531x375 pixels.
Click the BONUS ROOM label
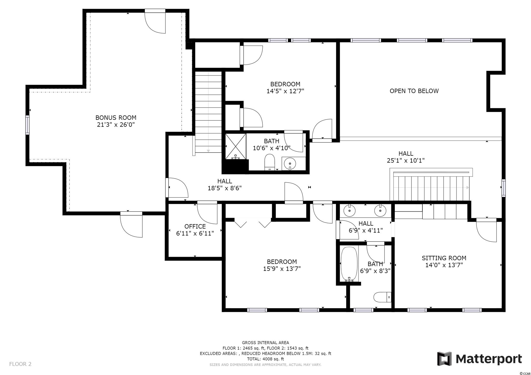pyautogui.click(x=116, y=118)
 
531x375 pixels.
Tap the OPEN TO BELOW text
pyautogui.click(x=414, y=91)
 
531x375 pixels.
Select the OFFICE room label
pyautogui.click(x=195, y=227)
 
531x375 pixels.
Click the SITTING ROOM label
pyautogui.click(x=444, y=258)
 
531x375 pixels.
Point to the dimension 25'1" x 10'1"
pyautogui.click(x=406, y=161)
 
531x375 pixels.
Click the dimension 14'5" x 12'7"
pyautogui.click(x=285, y=91)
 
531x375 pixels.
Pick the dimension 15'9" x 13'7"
pyautogui.click(x=282, y=269)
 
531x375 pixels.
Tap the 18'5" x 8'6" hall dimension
pyautogui.click(x=225, y=188)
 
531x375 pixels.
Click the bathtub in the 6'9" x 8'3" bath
pyautogui.click(x=349, y=264)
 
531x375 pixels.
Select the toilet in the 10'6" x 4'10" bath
pyautogui.click(x=270, y=162)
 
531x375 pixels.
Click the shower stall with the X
pyautogui.click(x=236, y=146)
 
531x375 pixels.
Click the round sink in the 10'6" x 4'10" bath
pyautogui.click(x=290, y=163)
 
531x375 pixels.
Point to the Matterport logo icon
pyautogui.click(x=444, y=359)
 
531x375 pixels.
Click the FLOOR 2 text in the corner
pyautogui.click(x=20, y=364)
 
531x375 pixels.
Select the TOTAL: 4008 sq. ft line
pyautogui.click(x=265, y=359)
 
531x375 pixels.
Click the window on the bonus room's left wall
pyautogui.click(x=27, y=125)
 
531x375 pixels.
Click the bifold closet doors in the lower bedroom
pyautogui.click(x=253, y=223)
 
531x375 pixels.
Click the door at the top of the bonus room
pyautogui.click(x=155, y=22)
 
